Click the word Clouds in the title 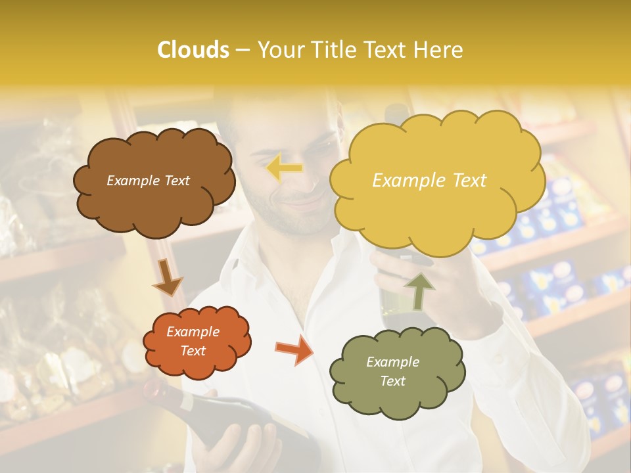click(193, 50)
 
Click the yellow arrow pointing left click(285, 168)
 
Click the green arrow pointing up click(419, 290)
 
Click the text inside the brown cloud click(148, 181)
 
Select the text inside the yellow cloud click(429, 181)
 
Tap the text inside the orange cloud click(193, 341)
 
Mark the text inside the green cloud click(392, 371)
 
